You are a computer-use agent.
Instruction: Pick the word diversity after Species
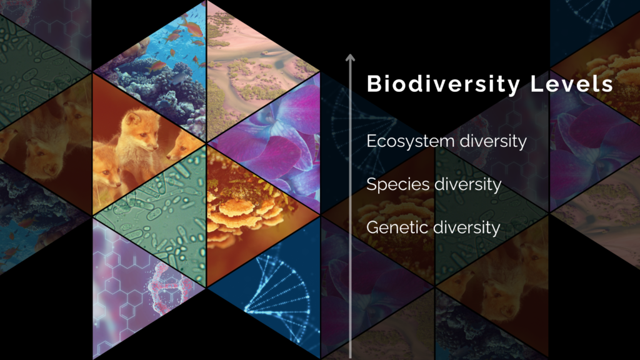point(467,185)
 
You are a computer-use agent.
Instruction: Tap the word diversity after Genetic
point(466,227)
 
